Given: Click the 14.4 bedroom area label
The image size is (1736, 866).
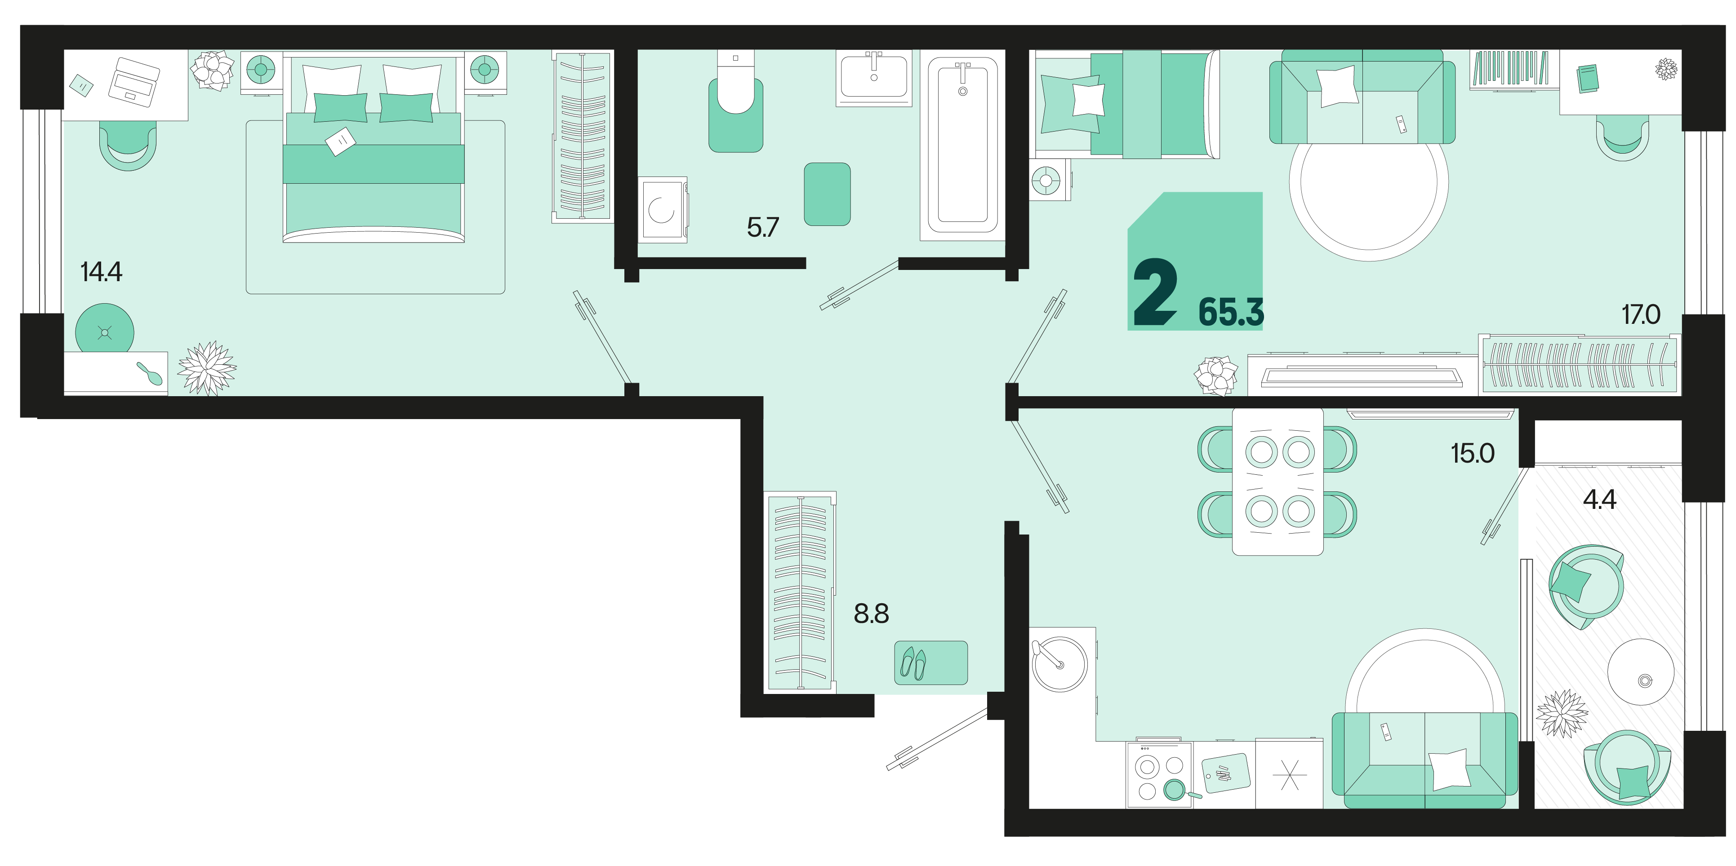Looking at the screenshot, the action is tap(101, 272).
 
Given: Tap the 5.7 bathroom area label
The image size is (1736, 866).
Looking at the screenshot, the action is tap(762, 228).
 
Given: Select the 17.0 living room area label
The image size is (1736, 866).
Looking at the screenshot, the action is tap(1640, 314).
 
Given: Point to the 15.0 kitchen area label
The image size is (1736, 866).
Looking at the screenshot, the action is tap(1473, 453).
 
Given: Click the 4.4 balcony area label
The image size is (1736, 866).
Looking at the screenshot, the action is tap(1599, 499).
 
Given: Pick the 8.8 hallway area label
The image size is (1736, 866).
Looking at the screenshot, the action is tap(871, 614).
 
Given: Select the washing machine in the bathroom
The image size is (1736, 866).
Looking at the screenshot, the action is tap(663, 209).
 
